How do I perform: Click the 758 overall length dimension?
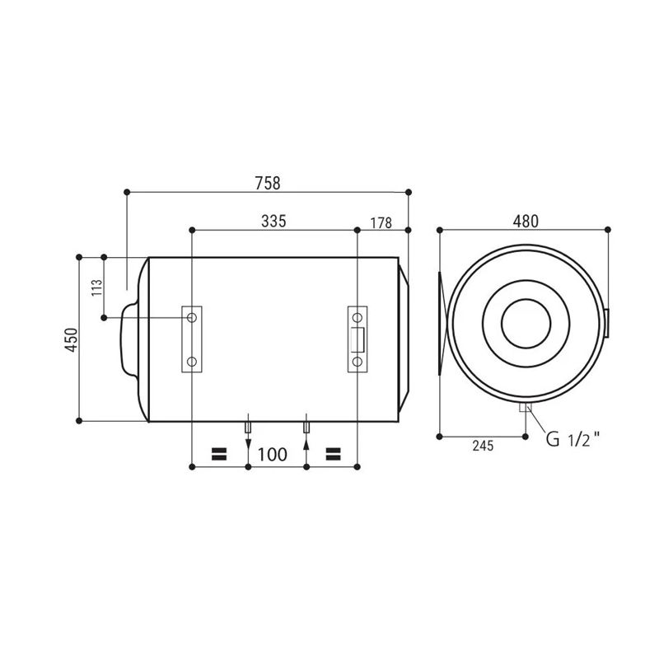[268, 183]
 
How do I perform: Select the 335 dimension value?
[273, 221]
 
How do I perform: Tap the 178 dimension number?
[381, 223]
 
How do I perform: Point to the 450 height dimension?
[72, 339]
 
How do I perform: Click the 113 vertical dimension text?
[97, 287]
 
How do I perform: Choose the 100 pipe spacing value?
[273, 455]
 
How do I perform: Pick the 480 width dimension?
[526, 221]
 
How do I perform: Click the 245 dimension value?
[483, 446]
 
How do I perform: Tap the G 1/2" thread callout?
[573, 439]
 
